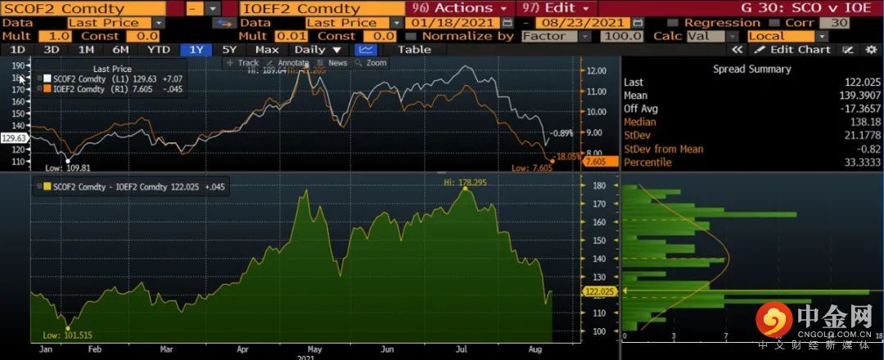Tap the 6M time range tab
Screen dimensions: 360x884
click(120, 50)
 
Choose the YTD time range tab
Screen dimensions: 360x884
click(158, 50)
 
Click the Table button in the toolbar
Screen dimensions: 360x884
click(414, 50)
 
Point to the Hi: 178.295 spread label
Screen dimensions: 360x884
click(465, 182)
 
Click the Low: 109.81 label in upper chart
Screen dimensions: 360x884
click(65, 167)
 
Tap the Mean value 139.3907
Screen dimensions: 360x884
click(851, 95)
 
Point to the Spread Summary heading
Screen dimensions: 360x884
click(751, 69)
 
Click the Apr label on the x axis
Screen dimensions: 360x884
click(243, 349)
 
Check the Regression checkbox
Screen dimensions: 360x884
click(674, 23)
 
